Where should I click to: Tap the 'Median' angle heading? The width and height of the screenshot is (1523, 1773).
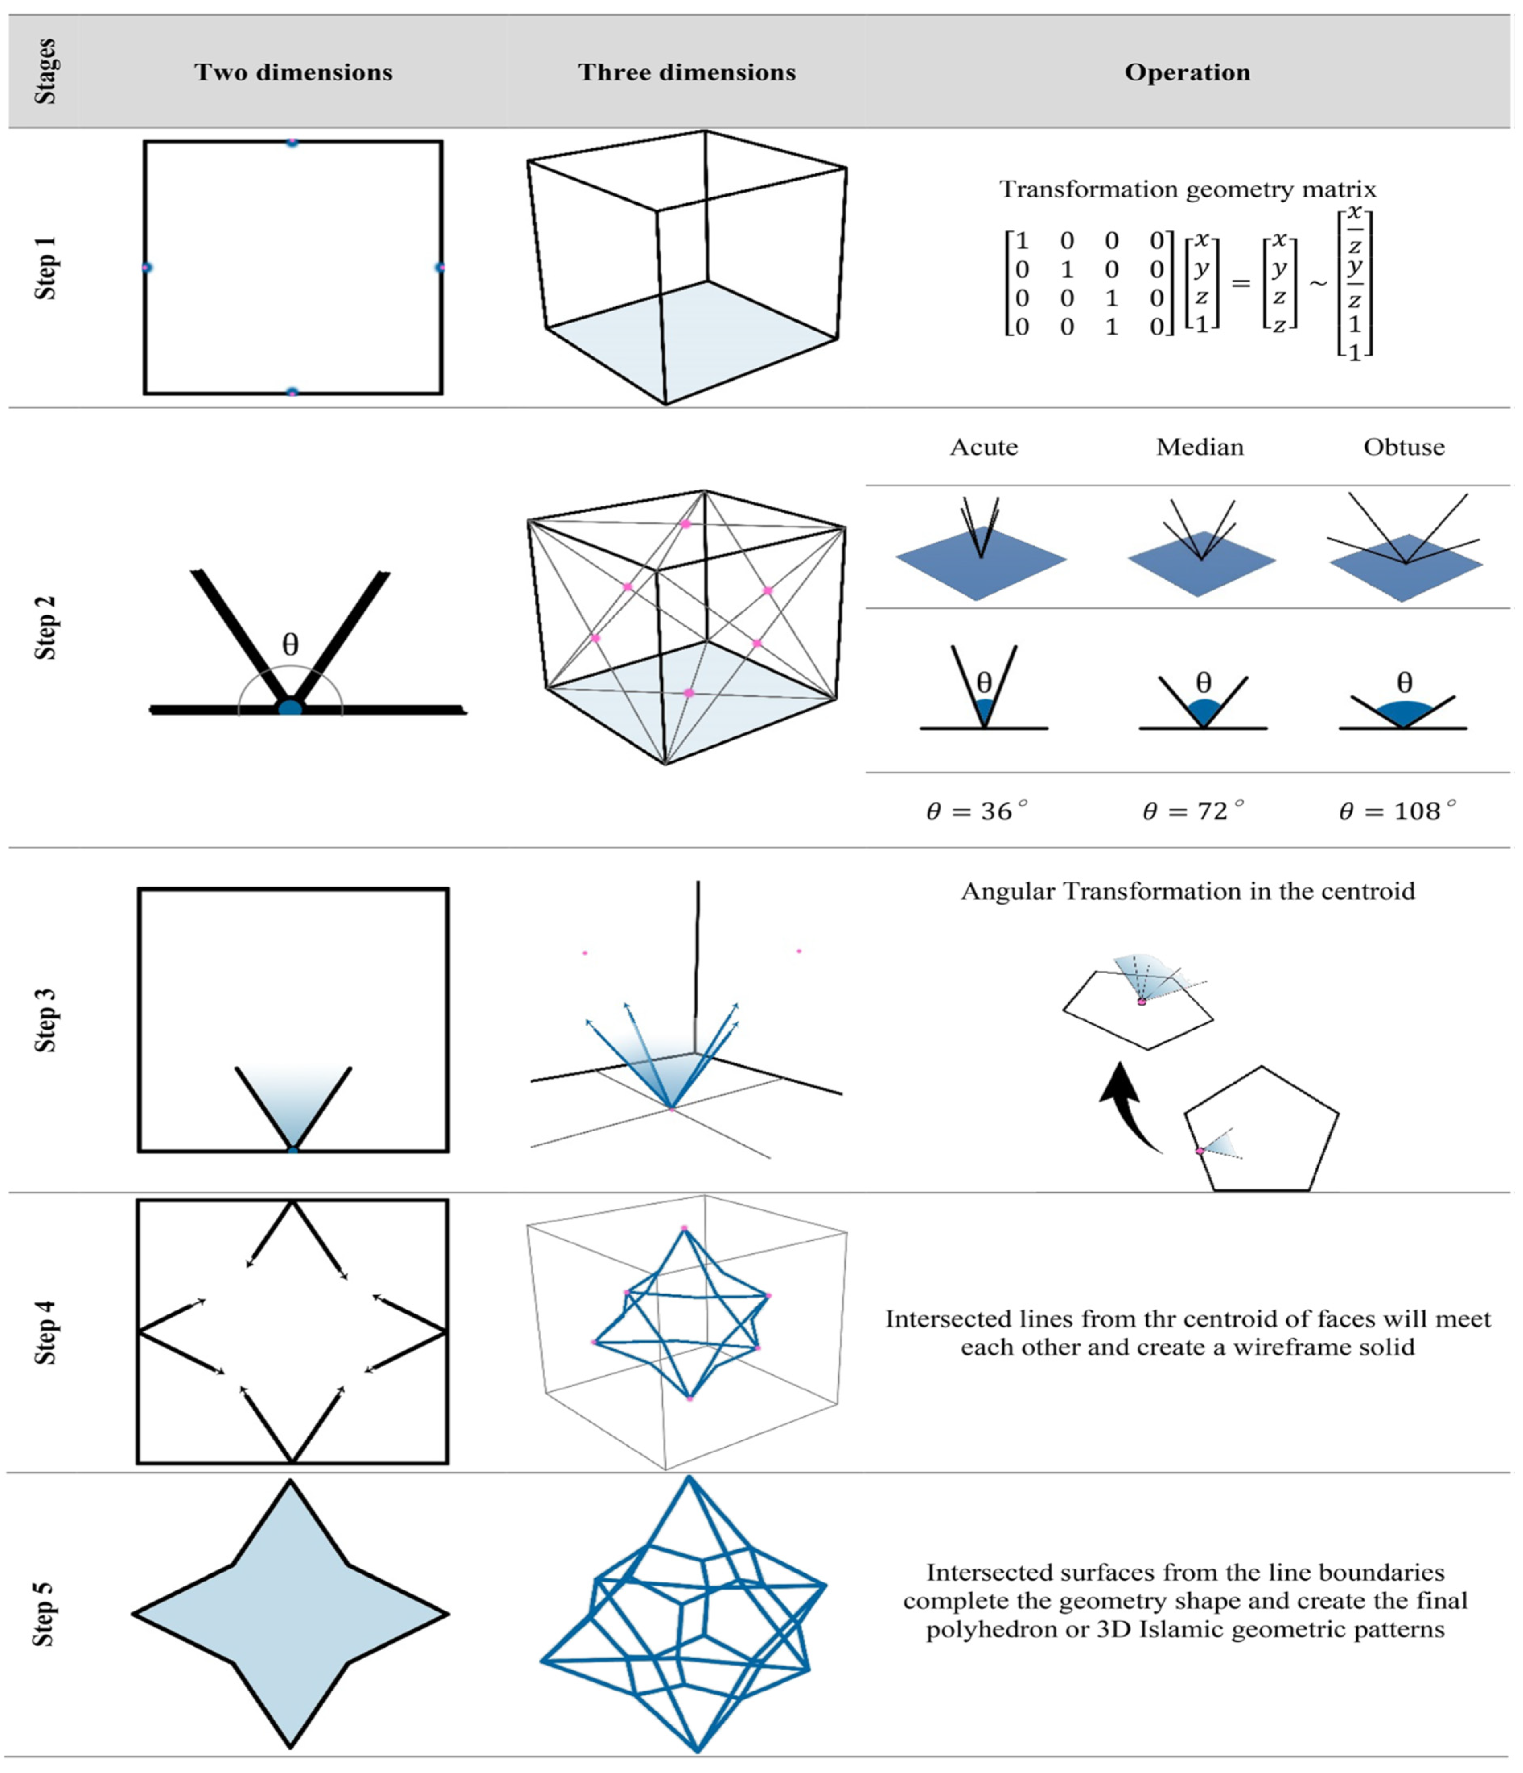(1200, 447)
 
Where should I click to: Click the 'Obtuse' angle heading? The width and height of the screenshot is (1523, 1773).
(1403, 447)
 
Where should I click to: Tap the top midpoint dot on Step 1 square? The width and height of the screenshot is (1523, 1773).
(292, 142)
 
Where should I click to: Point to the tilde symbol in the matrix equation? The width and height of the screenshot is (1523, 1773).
(1318, 282)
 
